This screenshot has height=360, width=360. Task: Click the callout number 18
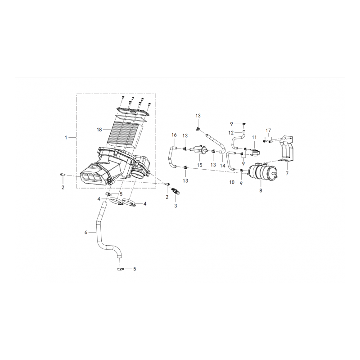pos(99,130)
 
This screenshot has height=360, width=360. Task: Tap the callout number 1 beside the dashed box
pos(66,138)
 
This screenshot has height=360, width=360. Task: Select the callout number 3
pos(175,206)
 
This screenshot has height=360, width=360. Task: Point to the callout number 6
pos(86,232)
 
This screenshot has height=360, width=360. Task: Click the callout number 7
pos(287,174)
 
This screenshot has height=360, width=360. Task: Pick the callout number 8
pos(261,190)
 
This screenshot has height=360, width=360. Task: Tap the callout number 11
pos(254,137)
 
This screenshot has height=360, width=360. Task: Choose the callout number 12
pos(231,133)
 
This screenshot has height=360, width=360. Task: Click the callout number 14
pos(222,165)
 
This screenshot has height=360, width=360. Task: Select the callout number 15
pos(199,165)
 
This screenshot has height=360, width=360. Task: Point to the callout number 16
pos(174,135)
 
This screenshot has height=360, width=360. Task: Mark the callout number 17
pos(268,130)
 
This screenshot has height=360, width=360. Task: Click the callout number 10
pos(232,182)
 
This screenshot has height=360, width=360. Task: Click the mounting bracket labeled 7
pos(286,148)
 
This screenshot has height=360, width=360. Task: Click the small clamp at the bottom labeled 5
pos(120,268)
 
